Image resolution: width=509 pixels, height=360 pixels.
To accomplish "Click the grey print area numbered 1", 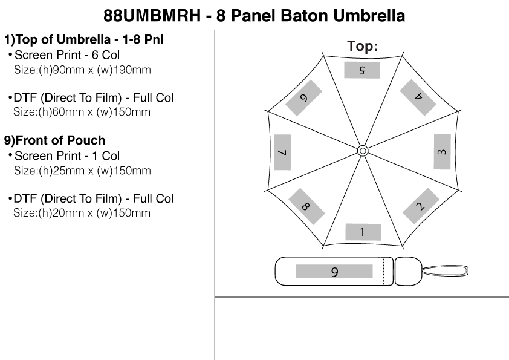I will point(363,232).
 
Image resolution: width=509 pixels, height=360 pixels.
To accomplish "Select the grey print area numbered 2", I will point(420,206).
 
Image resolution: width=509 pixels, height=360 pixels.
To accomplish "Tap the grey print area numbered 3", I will point(442,151).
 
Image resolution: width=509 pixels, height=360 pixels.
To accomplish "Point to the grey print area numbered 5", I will point(362,70).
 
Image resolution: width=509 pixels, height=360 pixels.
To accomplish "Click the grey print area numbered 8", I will point(306,206).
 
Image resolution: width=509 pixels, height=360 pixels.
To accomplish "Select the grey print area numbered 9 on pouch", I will point(334,272).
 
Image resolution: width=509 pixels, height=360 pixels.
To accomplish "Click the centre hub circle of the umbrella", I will point(363,151).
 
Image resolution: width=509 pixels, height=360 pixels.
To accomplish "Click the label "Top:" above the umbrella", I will point(363,46).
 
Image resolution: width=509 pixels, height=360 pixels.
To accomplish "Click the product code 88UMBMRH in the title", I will point(153,15).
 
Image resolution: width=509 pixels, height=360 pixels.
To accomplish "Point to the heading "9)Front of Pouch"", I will point(55,141).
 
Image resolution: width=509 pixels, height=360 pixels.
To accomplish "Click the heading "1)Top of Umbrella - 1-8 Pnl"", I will point(84,41).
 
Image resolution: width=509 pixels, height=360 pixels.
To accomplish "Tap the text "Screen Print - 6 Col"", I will point(67,55).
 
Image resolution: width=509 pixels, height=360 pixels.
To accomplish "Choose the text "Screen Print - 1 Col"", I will point(67,156).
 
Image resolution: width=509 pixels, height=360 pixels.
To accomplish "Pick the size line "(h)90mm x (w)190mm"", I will point(82,70).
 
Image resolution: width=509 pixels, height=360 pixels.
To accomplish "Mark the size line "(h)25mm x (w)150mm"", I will point(82,171).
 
